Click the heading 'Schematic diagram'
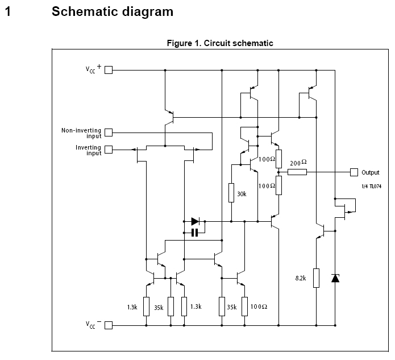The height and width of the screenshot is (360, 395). point(113,11)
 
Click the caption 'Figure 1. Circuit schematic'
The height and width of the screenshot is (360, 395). point(220,43)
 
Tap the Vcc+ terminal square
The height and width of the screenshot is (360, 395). point(109,70)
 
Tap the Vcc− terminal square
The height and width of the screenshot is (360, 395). point(109,325)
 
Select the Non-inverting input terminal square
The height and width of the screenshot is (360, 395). point(109,133)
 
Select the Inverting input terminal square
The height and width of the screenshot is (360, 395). point(109,150)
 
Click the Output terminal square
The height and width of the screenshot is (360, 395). point(354,172)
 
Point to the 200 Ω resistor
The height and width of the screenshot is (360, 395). point(297,172)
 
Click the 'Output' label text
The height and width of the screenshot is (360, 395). point(370,172)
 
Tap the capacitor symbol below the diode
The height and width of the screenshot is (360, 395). point(194,232)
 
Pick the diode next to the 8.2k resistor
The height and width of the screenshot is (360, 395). point(335,278)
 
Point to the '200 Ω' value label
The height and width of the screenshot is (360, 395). point(298,162)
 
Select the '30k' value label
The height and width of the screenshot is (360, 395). point(242,194)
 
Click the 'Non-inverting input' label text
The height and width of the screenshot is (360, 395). point(81,133)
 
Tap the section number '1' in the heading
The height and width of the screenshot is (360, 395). point(7,11)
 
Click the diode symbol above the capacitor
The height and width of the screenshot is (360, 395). point(196,221)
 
